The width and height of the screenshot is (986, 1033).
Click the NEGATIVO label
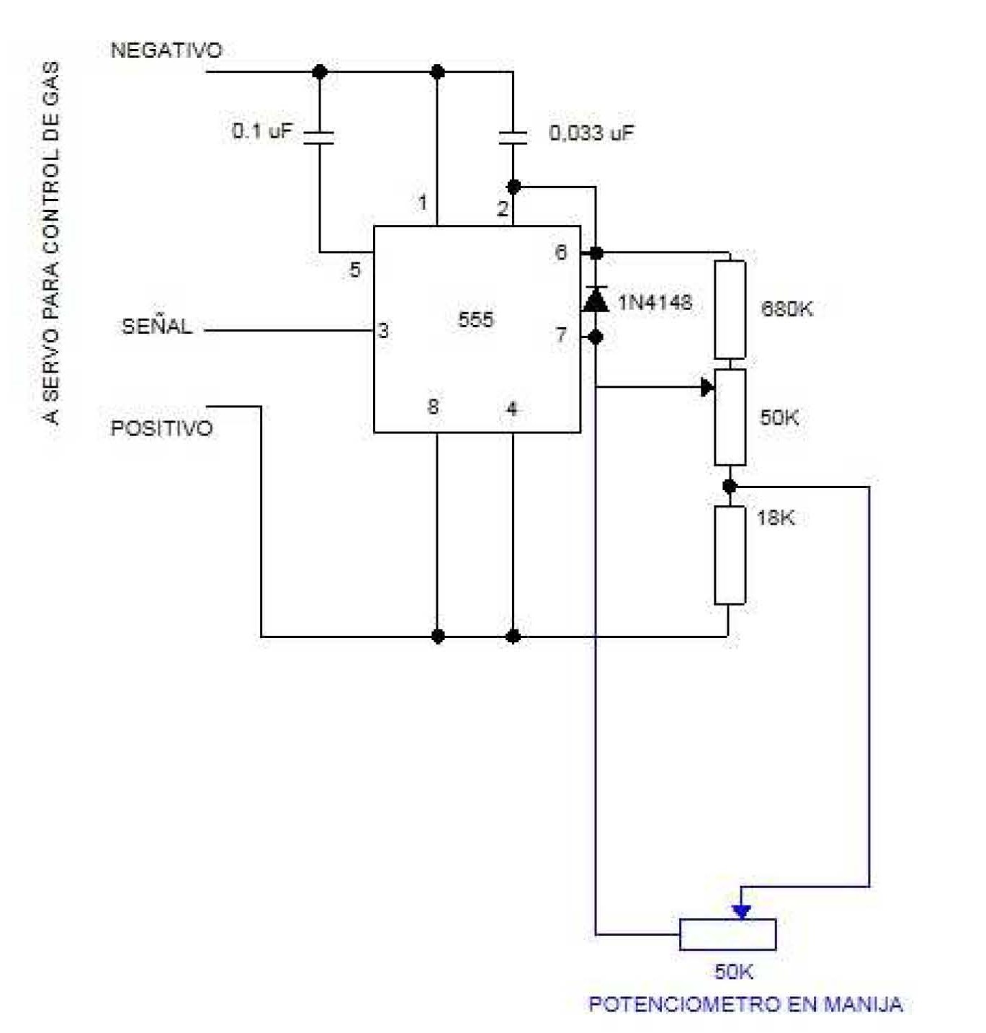click(166, 50)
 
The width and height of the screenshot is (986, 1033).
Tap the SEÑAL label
click(157, 327)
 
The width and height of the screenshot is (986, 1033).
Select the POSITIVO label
click(161, 428)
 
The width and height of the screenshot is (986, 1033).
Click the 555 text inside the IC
click(476, 319)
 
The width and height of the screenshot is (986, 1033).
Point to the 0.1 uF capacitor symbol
click(319, 137)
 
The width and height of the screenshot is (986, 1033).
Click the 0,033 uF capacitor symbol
click(513, 137)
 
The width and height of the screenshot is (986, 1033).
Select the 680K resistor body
click(730, 309)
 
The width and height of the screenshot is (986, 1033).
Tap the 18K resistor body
click(730, 554)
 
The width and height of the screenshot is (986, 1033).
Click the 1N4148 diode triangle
click(595, 299)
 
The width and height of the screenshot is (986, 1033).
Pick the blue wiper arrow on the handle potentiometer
click(741, 911)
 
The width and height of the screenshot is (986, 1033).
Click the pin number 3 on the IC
click(383, 331)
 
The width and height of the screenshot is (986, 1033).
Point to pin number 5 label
click(354, 270)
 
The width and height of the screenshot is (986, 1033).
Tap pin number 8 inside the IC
click(433, 407)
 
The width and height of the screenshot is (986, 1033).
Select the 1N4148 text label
click(655, 302)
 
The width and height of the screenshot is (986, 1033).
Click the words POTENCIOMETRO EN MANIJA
click(745, 1004)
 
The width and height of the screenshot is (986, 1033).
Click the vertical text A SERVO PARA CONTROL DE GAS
click(51, 242)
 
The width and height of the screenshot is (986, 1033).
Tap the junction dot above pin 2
click(513, 187)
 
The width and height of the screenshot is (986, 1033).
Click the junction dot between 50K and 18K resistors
click(730, 487)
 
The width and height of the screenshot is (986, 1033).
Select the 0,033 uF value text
click(591, 133)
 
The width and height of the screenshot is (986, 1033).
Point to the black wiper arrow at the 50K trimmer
click(707, 387)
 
